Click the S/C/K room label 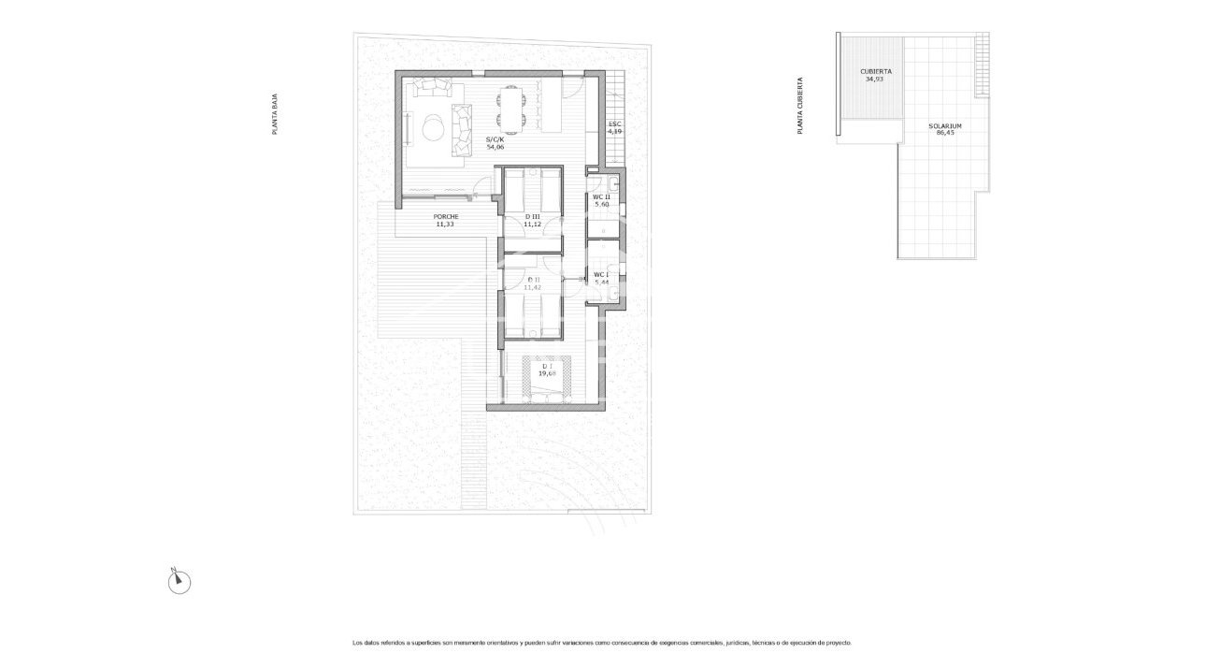tap(495, 140)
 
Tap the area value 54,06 tap(495, 148)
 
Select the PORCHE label tap(445, 217)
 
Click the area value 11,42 tap(533, 287)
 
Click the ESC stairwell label tap(614, 124)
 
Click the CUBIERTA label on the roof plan tap(875, 71)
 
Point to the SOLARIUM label tap(945, 125)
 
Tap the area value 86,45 tap(945, 133)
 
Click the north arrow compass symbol tap(179, 582)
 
